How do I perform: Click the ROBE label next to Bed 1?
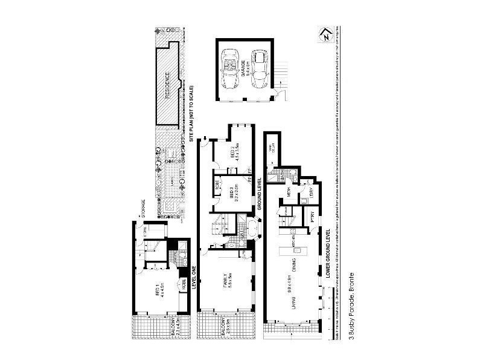click(x=182, y=285)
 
